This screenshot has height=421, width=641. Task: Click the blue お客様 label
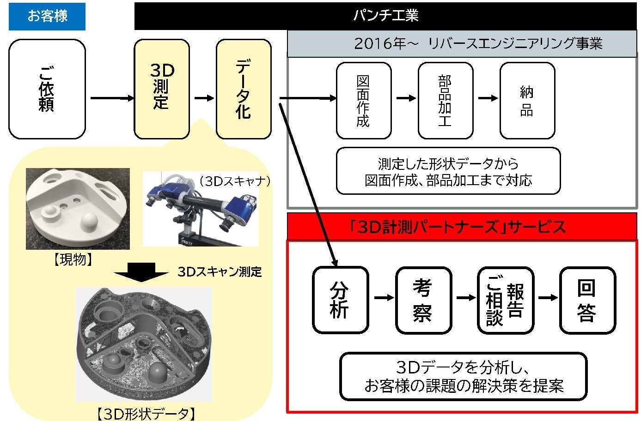47,17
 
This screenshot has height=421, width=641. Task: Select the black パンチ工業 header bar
386,16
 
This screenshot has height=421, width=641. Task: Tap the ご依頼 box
47,89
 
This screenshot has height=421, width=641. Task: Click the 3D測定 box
162,89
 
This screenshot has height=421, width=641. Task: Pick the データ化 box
244,89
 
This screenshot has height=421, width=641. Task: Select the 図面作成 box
364,101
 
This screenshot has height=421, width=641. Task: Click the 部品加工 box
445,101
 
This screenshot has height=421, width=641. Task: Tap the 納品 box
527,101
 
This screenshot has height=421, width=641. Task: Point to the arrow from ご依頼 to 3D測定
111,98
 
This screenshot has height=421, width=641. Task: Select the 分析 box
341,300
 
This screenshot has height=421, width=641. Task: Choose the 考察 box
423,300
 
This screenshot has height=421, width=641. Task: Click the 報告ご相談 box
505,300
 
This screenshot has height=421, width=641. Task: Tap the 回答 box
587,300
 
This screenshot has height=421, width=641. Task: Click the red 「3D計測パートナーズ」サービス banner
462,227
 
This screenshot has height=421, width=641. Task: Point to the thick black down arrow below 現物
141,272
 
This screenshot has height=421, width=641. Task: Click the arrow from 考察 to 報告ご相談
464,298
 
